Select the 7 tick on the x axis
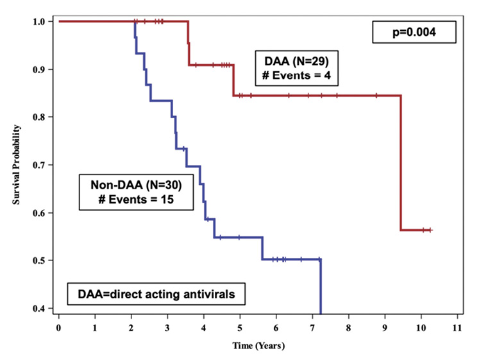(x=312, y=327)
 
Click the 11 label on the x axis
(x=457, y=327)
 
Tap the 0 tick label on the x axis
(x=59, y=327)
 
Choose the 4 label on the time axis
(x=204, y=327)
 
